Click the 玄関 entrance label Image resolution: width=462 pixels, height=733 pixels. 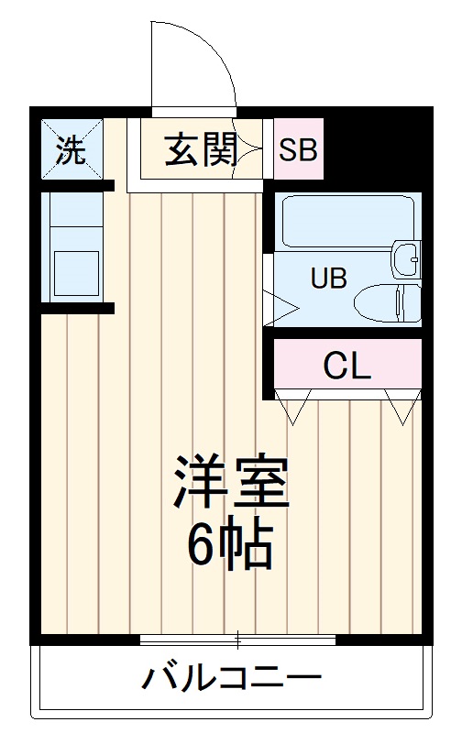point(201,149)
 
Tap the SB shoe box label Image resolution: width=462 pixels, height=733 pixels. point(298,149)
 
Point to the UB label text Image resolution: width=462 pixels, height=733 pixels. point(327,278)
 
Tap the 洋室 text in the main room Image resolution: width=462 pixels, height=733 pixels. point(232,483)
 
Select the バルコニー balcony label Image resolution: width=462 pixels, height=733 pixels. point(231,679)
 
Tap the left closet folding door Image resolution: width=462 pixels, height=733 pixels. point(299,407)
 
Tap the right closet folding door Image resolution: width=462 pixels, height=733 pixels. point(400,407)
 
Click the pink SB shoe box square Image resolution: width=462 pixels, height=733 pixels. point(298,149)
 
